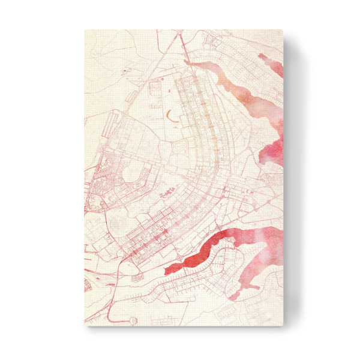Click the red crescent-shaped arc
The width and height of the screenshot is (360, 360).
tap(172, 115)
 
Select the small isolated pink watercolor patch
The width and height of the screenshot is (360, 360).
tap(262, 58)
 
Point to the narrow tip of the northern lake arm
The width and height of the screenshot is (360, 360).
tap(188, 61)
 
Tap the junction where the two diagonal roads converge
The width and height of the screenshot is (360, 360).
tap(181, 45)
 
